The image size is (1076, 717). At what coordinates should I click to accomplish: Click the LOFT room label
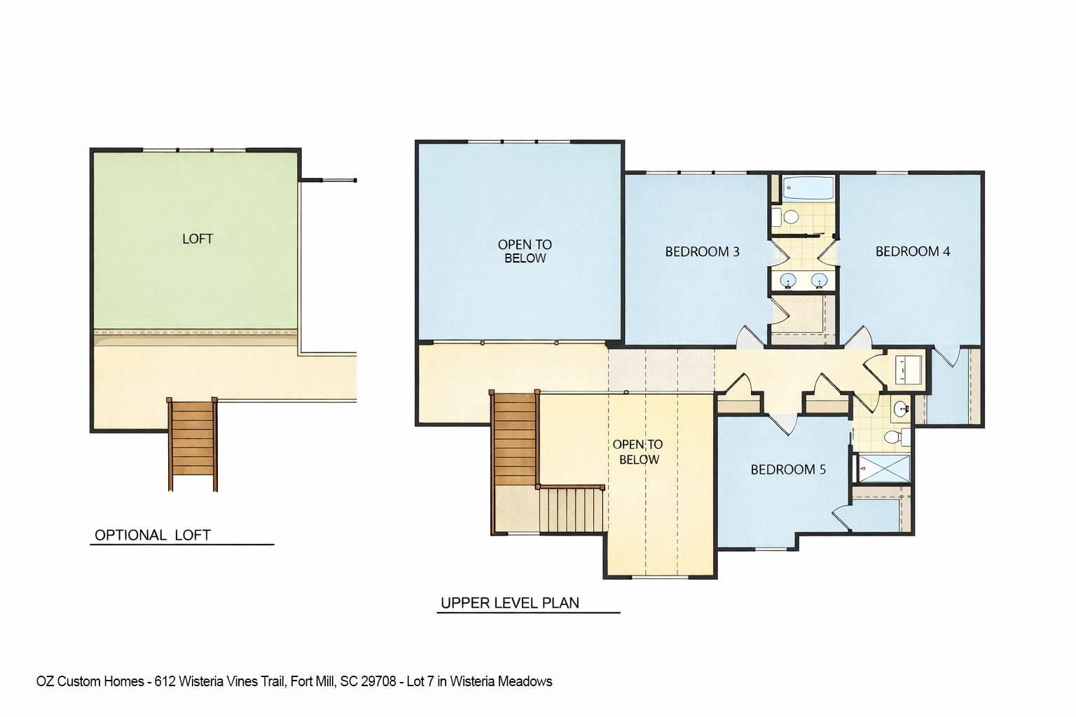(198, 239)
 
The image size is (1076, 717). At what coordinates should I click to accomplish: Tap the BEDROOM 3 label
(702, 251)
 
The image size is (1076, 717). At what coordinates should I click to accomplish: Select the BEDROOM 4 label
(912, 251)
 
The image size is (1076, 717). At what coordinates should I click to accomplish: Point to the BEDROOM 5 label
(788, 469)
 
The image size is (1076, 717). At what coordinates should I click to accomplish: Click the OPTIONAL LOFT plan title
(153, 535)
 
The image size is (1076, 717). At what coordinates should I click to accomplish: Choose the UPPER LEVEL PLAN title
(509, 603)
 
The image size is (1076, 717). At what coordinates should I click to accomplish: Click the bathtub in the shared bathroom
(808, 188)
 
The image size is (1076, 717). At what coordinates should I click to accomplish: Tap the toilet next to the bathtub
(789, 216)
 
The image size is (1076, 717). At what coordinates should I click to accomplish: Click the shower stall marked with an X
(883, 468)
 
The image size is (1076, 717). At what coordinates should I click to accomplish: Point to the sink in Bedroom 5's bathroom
(899, 409)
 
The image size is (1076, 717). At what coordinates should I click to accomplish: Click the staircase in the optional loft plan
(192, 444)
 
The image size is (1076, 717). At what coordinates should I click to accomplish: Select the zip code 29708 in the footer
(380, 681)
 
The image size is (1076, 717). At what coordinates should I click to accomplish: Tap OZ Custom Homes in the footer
(90, 681)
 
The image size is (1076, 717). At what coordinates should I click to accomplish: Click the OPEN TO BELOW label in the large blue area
(525, 251)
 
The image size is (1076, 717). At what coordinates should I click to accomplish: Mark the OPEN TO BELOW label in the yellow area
(637, 452)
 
